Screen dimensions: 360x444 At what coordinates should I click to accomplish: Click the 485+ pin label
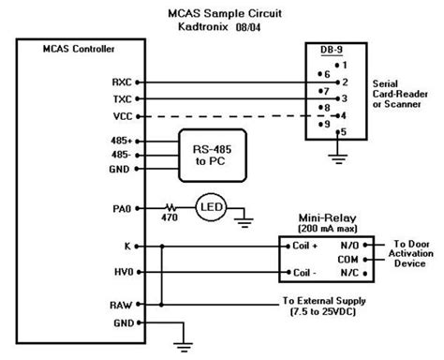click(119, 140)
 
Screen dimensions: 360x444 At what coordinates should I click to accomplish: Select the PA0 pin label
click(120, 205)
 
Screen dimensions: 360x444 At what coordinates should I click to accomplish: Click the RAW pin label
click(120, 305)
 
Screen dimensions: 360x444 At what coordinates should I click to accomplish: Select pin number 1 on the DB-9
click(345, 65)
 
